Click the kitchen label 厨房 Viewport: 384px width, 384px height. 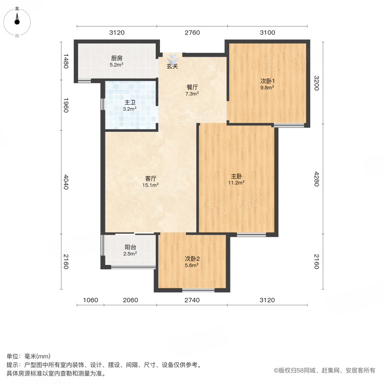click(117, 58)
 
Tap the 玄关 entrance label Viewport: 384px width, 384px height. click(172, 67)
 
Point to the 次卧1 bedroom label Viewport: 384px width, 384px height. click(267, 81)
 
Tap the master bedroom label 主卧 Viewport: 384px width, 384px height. click(237, 176)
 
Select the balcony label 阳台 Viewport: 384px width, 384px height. click(131, 247)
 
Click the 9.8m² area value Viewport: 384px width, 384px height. click(267, 87)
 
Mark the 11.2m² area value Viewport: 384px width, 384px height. click(237, 183)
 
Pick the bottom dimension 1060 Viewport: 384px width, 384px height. click(90, 300)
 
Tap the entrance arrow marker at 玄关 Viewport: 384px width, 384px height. click(172, 58)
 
